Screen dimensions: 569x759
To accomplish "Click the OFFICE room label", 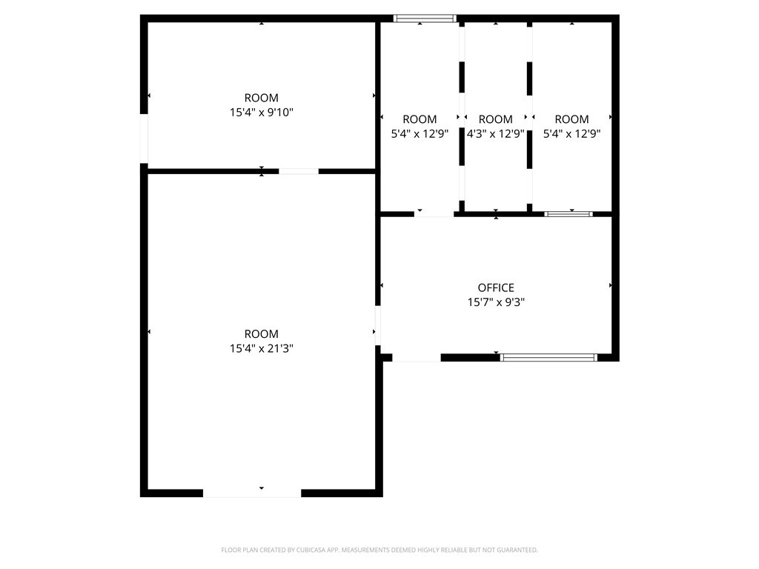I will [496, 287].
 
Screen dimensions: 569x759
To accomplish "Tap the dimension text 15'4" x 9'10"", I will [262, 113].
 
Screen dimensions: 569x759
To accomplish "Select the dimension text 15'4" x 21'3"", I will [262, 348].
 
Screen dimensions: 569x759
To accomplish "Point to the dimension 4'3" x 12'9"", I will [496, 134].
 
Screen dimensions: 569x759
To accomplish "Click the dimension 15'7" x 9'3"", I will [496, 302].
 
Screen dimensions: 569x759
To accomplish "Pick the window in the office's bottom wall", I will [548, 357].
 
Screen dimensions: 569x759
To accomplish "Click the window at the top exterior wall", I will [425, 19].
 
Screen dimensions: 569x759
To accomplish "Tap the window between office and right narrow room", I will [569, 214].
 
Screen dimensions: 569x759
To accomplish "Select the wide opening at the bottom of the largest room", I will [252, 493].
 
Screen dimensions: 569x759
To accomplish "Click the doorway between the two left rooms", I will [299, 171].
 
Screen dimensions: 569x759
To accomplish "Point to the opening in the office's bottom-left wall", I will [417, 357].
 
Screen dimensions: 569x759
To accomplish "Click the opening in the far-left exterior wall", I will [144, 138].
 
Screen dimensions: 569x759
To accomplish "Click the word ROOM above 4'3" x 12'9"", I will [496, 119].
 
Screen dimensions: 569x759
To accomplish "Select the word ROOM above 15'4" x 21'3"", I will [262, 334].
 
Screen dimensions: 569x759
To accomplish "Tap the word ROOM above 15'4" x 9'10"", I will [262, 98].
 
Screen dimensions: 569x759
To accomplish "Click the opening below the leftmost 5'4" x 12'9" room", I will [434, 214].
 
